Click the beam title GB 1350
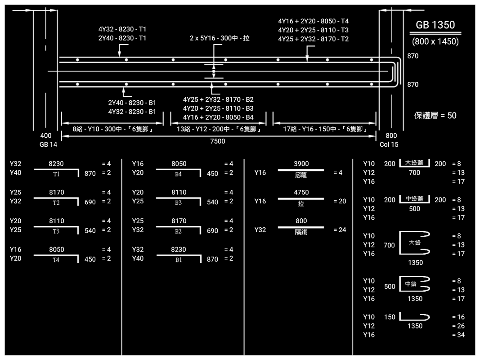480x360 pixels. tap(435, 25)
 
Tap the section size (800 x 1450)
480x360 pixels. tap(435, 41)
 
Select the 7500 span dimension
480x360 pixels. tap(218, 141)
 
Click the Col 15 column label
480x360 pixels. tap(389, 144)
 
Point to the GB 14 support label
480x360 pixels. tap(46, 144)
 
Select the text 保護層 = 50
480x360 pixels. tap(435, 116)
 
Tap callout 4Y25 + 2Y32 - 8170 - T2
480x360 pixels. tap(314, 39)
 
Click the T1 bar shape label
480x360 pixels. tap(56, 174)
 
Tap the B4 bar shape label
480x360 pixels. tap(179, 174)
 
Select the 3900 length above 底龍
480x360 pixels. tap(301, 164)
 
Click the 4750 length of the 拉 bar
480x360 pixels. tap(301, 193)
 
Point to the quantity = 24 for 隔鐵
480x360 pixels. tap(340, 230)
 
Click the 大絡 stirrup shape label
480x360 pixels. tap(414, 243)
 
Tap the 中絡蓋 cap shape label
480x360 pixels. tap(414, 198)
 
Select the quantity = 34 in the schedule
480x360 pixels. tap(458, 335)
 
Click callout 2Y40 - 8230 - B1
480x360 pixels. tap(132, 103)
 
